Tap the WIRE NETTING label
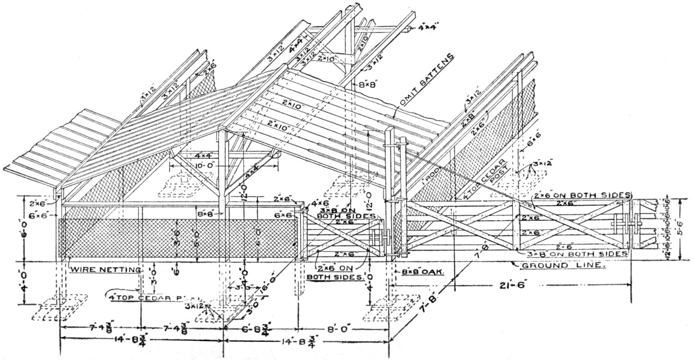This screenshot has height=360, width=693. coord(106,269)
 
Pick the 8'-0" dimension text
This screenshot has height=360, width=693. coord(343,329)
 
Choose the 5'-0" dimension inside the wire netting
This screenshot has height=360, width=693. coord(197,236)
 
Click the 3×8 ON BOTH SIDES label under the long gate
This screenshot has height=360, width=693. coord(577,254)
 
